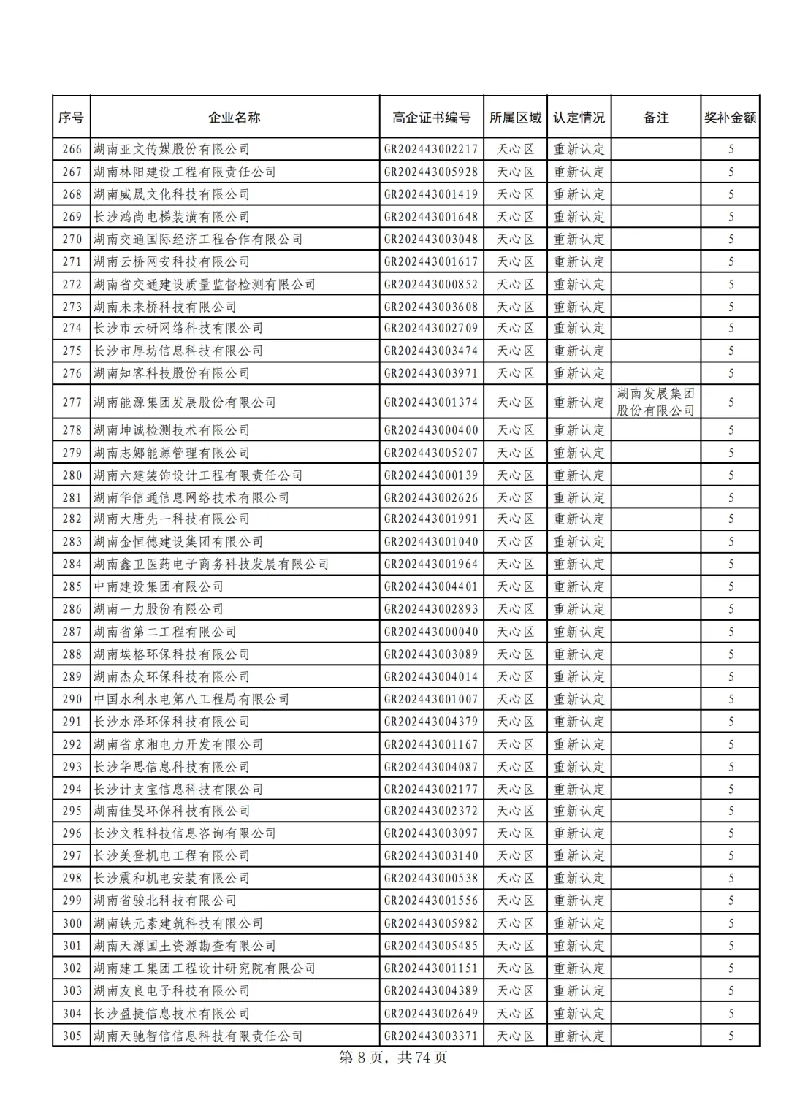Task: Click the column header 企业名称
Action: coord(234,118)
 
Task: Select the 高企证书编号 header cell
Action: coord(431,118)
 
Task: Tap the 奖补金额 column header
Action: coord(730,118)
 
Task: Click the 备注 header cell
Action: coord(655,118)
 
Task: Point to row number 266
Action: coord(72,149)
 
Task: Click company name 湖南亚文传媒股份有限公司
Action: coord(172,149)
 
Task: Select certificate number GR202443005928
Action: coord(431,172)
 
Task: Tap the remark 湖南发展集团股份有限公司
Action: coord(655,402)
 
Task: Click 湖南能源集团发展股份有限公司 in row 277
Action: coord(185,402)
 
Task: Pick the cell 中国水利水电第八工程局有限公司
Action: coord(191,699)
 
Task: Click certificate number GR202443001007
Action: coord(431,699)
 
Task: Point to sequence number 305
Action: coord(72,1036)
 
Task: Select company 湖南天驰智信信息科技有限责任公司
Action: coord(198,1036)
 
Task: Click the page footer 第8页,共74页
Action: coord(394,1058)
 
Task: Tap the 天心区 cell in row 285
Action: coord(515,586)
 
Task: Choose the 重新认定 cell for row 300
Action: coord(579,923)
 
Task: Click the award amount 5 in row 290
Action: coord(730,699)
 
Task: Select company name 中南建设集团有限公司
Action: coord(159,586)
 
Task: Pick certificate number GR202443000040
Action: coord(431,632)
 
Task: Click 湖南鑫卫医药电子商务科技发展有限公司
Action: coord(211,564)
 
